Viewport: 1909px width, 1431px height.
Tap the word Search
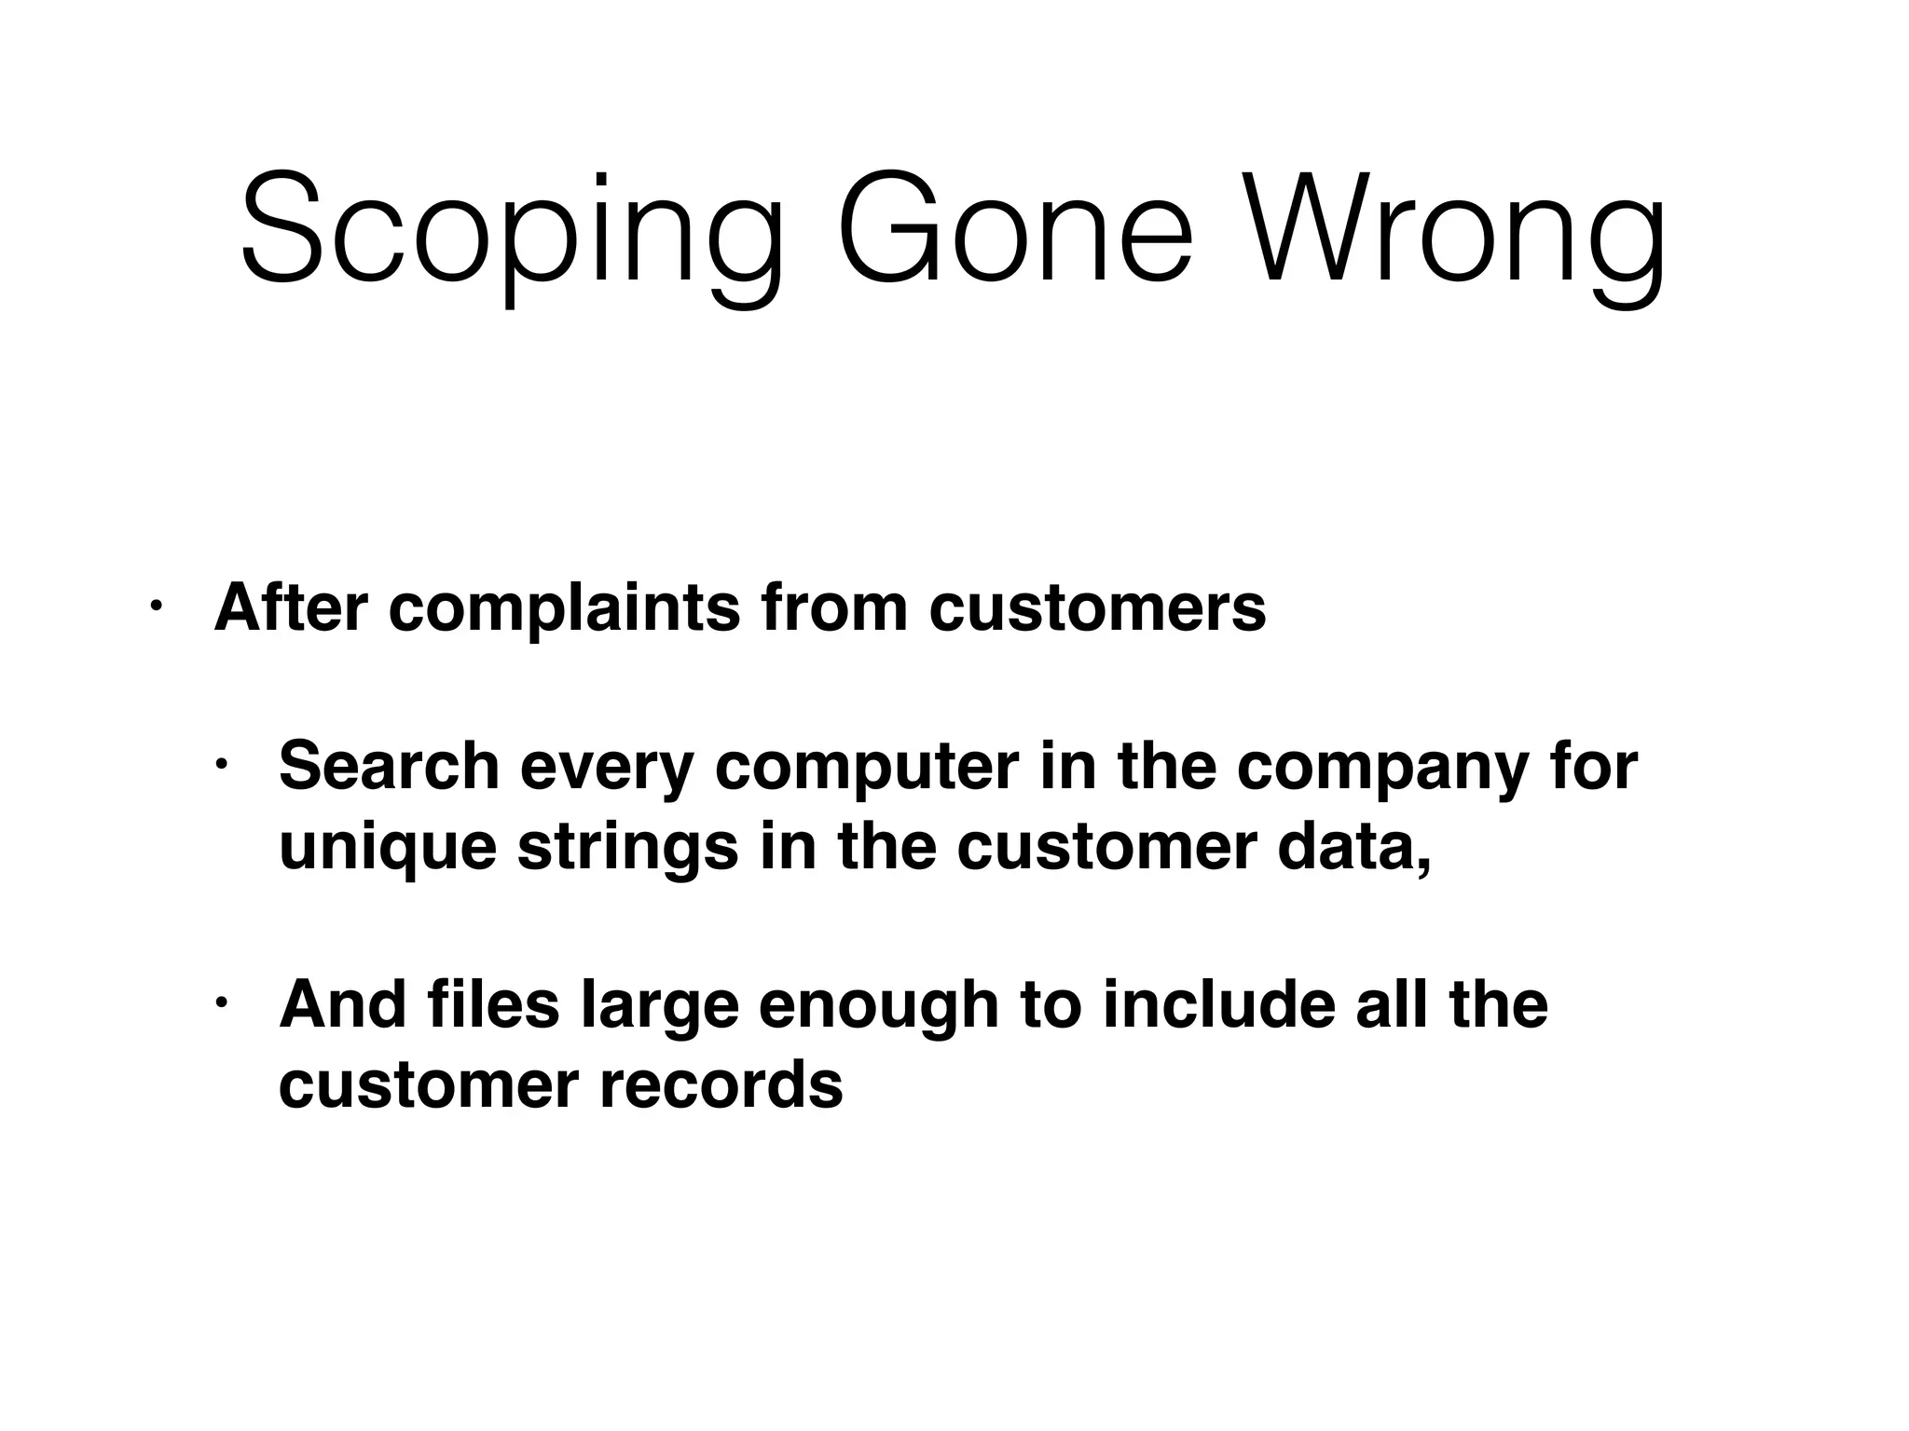click(x=390, y=766)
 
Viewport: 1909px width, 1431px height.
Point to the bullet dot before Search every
click(x=221, y=766)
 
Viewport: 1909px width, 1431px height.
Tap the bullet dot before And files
click(x=221, y=1004)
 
